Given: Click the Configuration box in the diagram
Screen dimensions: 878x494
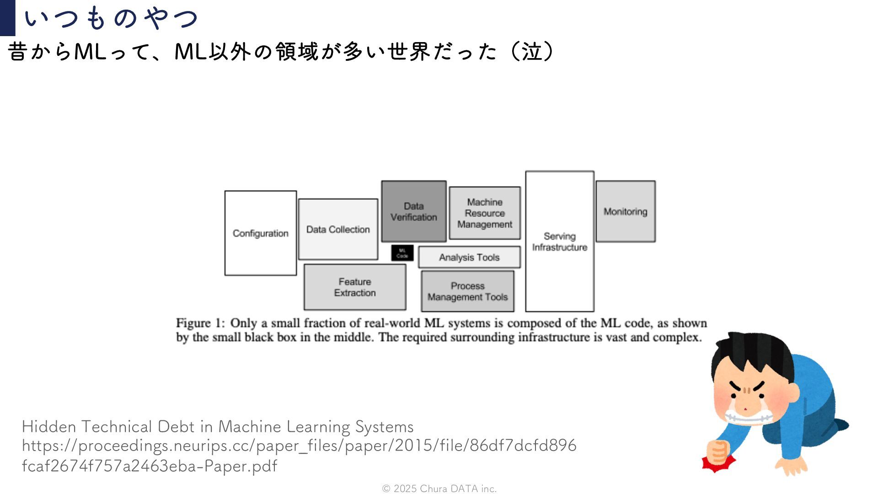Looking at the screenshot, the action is (260, 233).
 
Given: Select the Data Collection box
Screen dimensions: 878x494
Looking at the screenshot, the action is (338, 229).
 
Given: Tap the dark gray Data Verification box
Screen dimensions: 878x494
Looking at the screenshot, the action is (414, 211).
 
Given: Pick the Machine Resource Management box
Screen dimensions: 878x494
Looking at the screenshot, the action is (485, 213).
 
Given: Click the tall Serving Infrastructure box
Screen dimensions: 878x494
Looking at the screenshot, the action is (560, 242).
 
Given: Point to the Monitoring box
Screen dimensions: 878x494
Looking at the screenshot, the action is (625, 211).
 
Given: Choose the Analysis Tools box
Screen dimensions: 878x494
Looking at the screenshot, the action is (469, 257).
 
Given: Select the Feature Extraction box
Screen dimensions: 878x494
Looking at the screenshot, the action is (355, 287).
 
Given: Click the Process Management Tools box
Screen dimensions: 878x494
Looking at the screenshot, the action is (467, 291).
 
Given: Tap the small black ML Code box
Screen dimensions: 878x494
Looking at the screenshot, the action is (402, 253).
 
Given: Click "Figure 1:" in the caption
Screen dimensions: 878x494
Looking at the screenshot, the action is (200, 323).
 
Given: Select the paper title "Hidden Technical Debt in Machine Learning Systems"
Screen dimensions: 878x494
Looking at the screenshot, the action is (218, 427).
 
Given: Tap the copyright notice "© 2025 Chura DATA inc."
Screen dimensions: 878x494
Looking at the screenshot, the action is (439, 489).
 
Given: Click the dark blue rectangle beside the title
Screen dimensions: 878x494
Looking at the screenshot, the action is (7, 18).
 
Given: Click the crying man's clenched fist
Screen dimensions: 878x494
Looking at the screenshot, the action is (718, 452).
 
